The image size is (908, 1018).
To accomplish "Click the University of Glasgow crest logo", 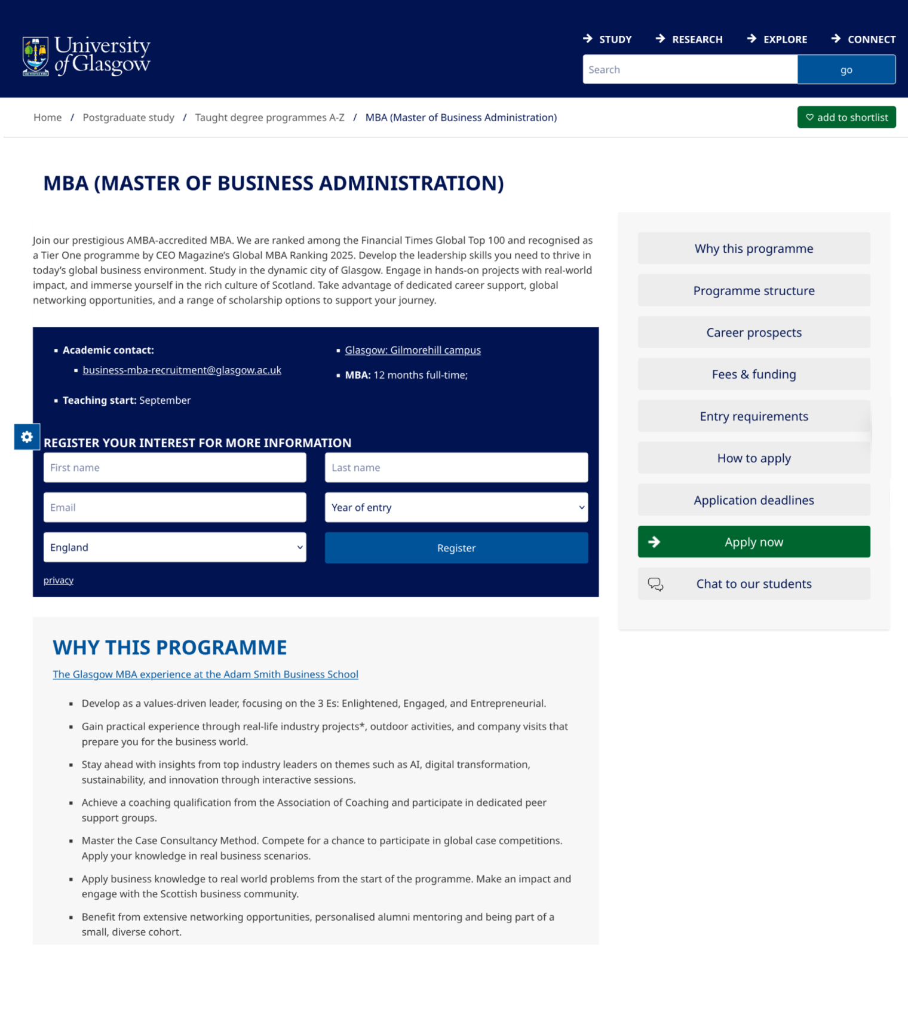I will click(x=35, y=56).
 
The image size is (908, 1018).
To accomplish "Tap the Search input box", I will click(x=689, y=70).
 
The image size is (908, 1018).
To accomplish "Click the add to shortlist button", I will click(x=846, y=118).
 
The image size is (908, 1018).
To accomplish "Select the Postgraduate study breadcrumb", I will click(x=128, y=118).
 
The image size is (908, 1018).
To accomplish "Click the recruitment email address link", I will click(x=182, y=370).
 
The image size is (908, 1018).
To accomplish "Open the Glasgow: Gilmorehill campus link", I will click(x=412, y=350).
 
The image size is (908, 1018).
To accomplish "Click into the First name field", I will click(x=174, y=468).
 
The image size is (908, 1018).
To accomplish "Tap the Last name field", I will click(x=456, y=468).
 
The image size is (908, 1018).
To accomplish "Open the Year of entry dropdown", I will click(x=456, y=508).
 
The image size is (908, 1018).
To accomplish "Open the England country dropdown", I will click(x=174, y=548).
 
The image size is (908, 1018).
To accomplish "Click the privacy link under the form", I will click(x=59, y=581).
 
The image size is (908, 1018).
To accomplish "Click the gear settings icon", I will click(x=27, y=437).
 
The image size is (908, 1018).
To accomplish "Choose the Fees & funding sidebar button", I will click(x=753, y=375).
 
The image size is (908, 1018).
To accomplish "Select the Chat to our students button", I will click(x=753, y=584).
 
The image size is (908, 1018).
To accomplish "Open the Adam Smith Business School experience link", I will click(x=205, y=674).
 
